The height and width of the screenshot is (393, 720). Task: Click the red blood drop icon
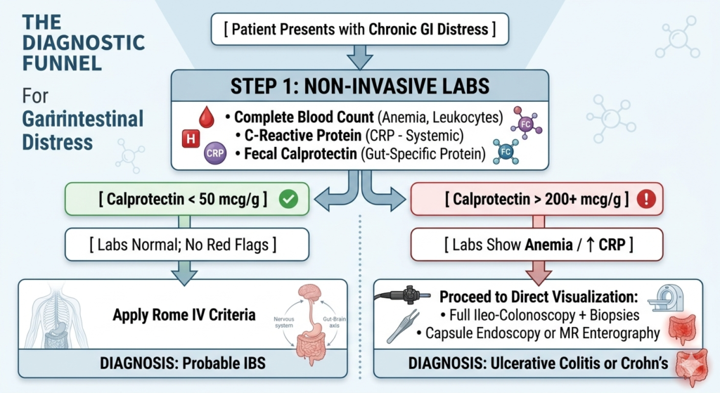pyautogui.click(x=207, y=117)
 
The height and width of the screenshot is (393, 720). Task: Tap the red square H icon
pyautogui.click(x=191, y=138)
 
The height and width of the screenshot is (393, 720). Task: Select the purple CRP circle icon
pyautogui.click(x=215, y=153)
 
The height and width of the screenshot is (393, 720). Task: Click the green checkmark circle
pyautogui.click(x=288, y=199)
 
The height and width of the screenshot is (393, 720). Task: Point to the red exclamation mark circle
pyautogui.click(x=647, y=199)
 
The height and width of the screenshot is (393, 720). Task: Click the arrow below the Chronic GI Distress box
pyautogui.click(x=359, y=56)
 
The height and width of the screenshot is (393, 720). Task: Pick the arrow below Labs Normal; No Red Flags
pyautogui.click(x=184, y=273)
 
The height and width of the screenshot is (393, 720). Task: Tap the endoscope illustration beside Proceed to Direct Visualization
pyautogui.click(x=403, y=295)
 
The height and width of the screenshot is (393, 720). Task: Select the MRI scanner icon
pyautogui.click(x=666, y=298)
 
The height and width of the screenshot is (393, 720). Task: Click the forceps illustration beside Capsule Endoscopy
pyautogui.click(x=403, y=326)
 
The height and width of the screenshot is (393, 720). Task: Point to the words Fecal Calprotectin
pyautogui.click(x=300, y=154)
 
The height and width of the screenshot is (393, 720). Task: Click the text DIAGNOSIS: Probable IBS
pyautogui.click(x=183, y=363)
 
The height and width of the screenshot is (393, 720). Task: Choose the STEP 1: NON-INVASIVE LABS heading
pyautogui.click(x=360, y=86)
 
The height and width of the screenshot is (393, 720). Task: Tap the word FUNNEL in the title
pyautogui.click(x=62, y=63)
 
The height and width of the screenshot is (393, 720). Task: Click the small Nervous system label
pyautogui.click(x=284, y=322)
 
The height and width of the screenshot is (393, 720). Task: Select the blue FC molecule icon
pyautogui.click(x=505, y=152)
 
